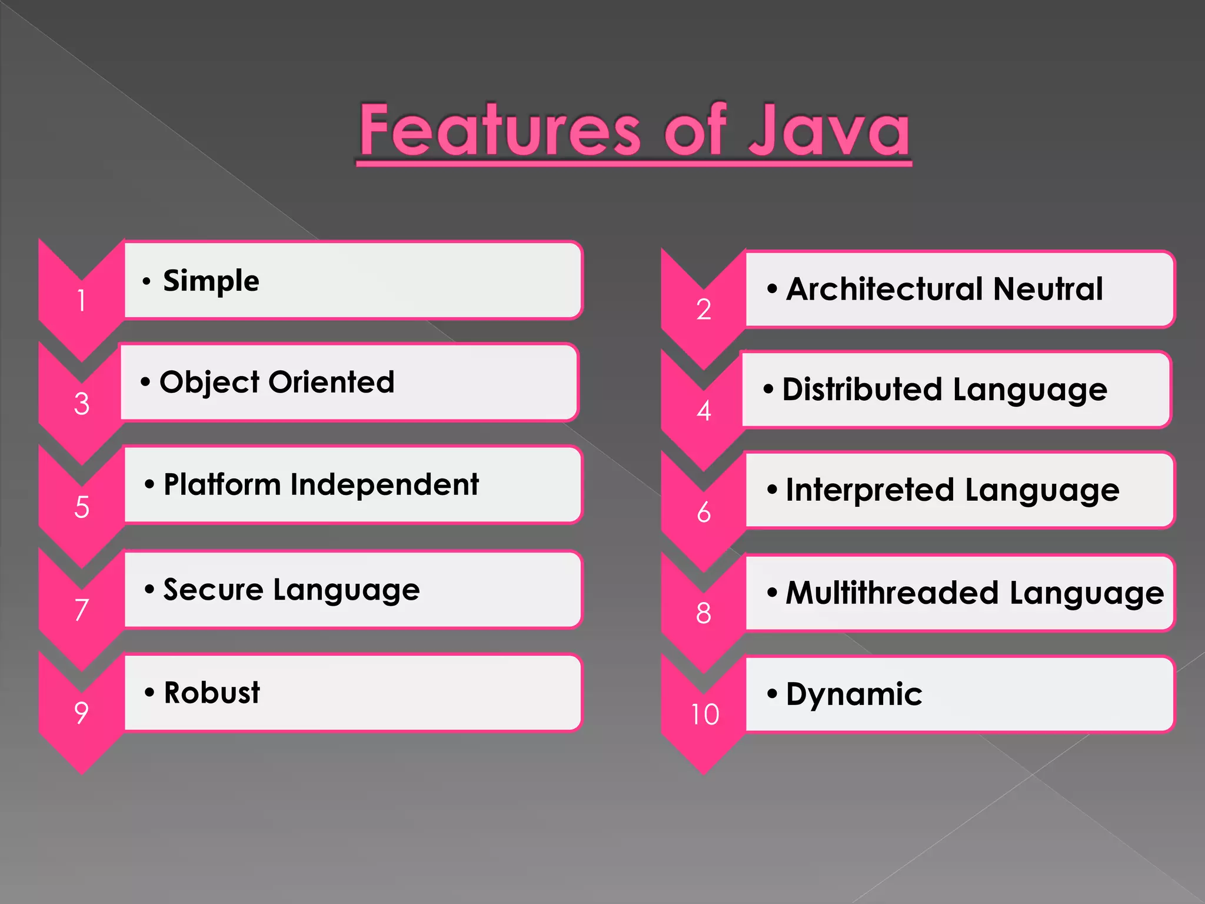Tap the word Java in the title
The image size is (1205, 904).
(x=830, y=130)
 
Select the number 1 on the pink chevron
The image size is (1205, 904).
(x=82, y=301)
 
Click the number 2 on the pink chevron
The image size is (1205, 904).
(x=704, y=310)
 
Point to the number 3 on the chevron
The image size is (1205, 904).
(x=82, y=404)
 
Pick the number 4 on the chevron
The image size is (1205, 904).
(x=704, y=411)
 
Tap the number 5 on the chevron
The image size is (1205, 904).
(x=82, y=507)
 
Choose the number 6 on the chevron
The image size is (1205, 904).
(x=704, y=513)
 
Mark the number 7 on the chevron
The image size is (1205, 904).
(x=82, y=610)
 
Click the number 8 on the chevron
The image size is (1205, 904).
(x=704, y=613)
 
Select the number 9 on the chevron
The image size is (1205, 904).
(x=82, y=713)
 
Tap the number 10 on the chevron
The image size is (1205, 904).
(x=705, y=714)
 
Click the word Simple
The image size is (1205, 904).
(x=211, y=281)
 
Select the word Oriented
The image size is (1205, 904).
(x=331, y=383)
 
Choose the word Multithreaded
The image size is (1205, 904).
(x=892, y=593)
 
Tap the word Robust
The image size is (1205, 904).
(x=212, y=693)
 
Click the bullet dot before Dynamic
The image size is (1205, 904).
(x=772, y=694)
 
